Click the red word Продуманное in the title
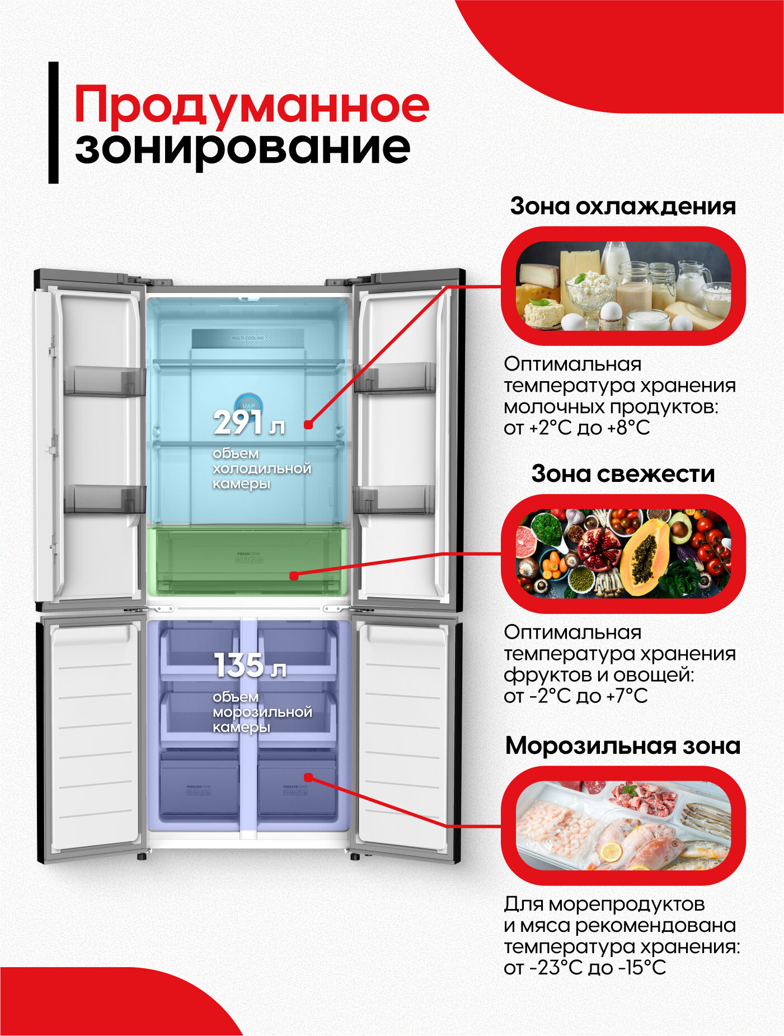tap(252, 105)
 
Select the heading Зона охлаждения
tap(622, 206)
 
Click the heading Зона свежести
tap(623, 474)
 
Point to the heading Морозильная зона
tap(622, 746)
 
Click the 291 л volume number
tap(248, 424)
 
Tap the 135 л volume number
tap(250, 666)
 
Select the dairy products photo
tap(623, 285)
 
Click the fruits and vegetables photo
tap(623, 554)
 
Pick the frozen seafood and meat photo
tap(623, 826)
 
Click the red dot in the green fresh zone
tap(294, 575)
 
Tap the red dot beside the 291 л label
tap(308, 425)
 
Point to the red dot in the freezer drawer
tap(308, 777)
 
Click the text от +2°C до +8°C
tap(576, 428)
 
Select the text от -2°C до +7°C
tap(575, 696)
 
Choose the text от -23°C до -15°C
tap(584, 968)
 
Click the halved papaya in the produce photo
tap(646, 556)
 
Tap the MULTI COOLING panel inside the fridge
tap(248, 339)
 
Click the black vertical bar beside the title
tap(53, 122)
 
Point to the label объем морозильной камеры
tap(262, 712)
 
